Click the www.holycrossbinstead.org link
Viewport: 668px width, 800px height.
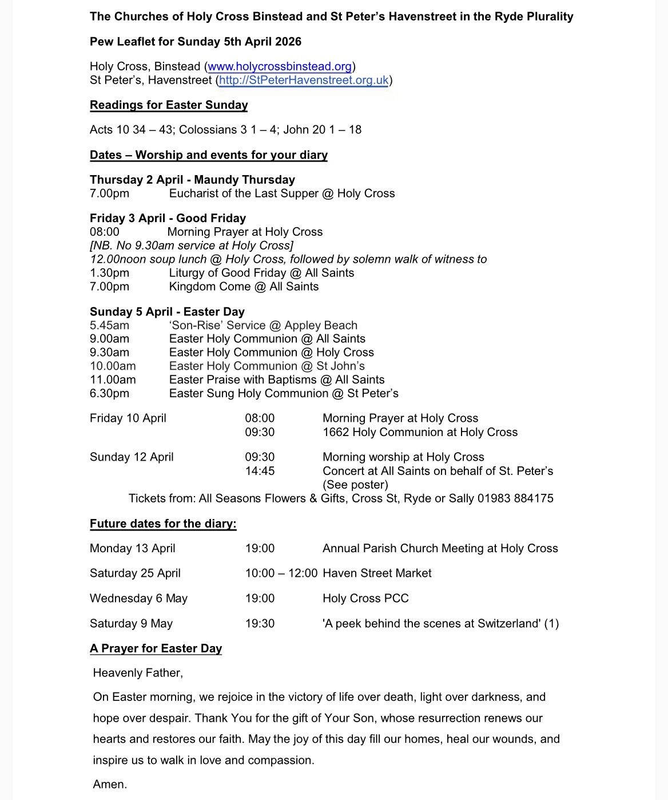click(x=280, y=66)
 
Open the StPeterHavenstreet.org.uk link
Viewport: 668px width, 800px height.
click(x=304, y=80)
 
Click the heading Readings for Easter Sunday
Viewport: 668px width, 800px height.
click(x=169, y=105)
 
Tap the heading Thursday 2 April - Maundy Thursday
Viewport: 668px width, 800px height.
click(x=192, y=180)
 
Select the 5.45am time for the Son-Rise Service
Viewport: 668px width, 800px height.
click(x=109, y=326)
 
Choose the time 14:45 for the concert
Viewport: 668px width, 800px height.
click(x=260, y=471)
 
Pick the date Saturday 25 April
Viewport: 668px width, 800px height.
click(x=135, y=573)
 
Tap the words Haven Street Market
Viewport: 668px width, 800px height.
click(x=377, y=573)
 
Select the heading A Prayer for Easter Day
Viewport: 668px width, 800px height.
click(x=156, y=648)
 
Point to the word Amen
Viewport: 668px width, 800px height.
click(x=110, y=785)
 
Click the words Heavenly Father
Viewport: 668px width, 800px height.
click(x=138, y=673)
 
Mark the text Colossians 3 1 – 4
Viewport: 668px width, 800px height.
click(x=218, y=130)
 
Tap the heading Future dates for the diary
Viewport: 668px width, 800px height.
click(x=163, y=524)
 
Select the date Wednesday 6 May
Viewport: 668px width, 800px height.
click(x=138, y=599)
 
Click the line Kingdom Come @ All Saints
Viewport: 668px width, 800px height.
click(x=244, y=287)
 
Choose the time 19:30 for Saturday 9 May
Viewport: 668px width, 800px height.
click(x=260, y=624)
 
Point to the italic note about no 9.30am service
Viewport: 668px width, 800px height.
click(x=192, y=245)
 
